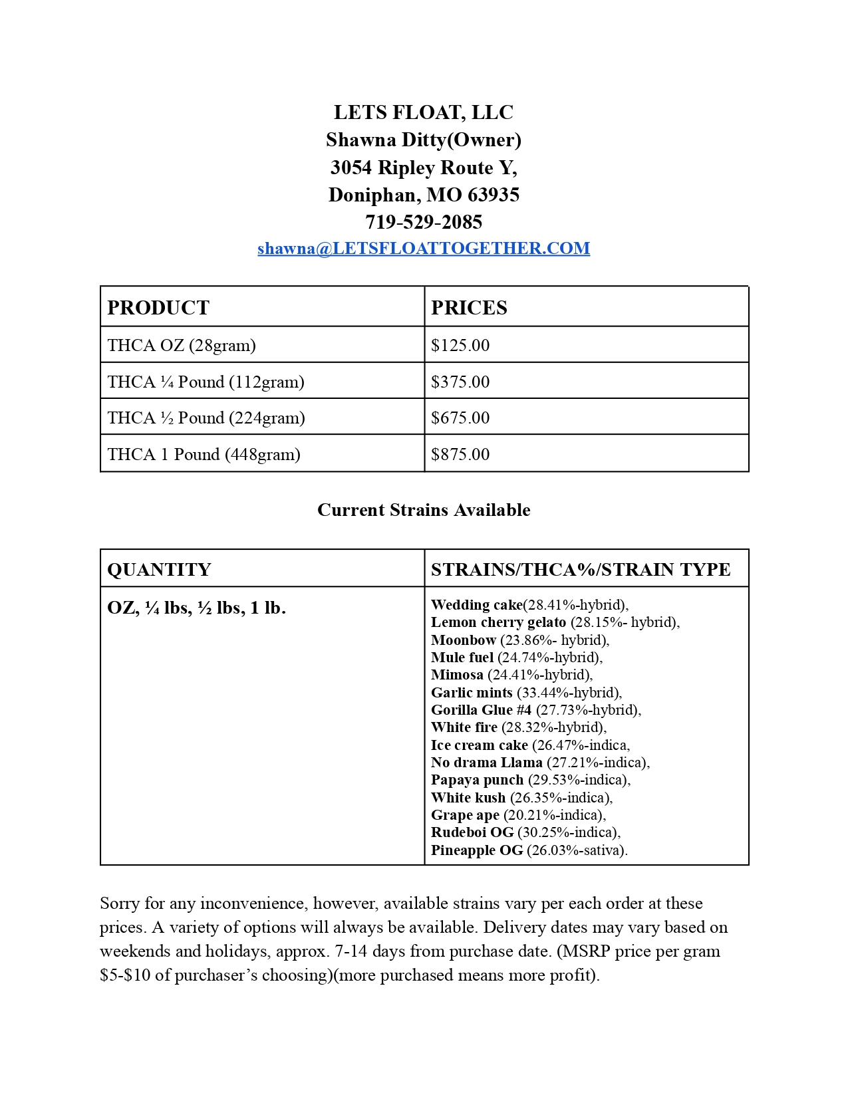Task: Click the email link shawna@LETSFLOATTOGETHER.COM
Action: [x=424, y=249]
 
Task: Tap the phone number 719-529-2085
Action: [x=424, y=222]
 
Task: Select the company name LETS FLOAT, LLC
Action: [x=424, y=112]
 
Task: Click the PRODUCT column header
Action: [x=158, y=308]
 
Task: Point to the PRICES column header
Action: [x=469, y=308]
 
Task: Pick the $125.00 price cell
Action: [x=460, y=346]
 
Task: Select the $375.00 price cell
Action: [x=460, y=382]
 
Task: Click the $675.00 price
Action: [x=460, y=418]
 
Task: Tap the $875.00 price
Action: [x=460, y=455]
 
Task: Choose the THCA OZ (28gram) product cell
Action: [x=182, y=346]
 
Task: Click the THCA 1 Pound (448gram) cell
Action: [x=204, y=455]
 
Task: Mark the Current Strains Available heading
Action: [x=424, y=511]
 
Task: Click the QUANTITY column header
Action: [x=159, y=570]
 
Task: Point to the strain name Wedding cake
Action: [x=477, y=605]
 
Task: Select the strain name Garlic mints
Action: [x=472, y=693]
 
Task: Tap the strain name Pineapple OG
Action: [x=477, y=850]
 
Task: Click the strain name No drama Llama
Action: [x=486, y=763]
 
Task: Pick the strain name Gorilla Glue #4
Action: [x=481, y=710]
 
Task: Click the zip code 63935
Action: [x=494, y=195]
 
